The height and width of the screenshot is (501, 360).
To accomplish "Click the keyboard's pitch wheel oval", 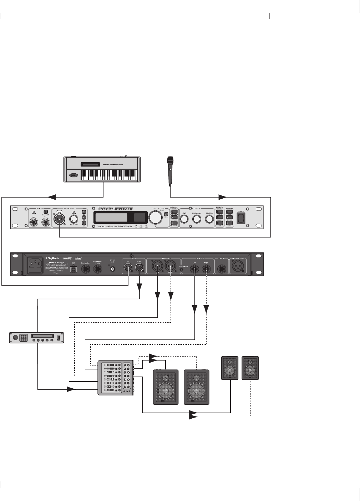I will click(x=73, y=175).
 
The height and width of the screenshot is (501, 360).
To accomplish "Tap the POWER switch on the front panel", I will click(x=241, y=218).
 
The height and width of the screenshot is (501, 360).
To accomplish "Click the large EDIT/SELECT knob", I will click(x=155, y=218).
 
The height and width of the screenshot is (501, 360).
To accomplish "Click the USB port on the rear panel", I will click(x=73, y=268).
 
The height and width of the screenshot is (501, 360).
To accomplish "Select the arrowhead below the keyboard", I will click(x=52, y=197).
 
